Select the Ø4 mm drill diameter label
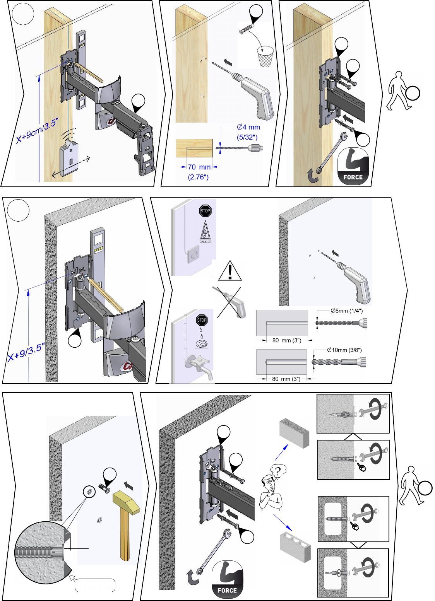[248, 127]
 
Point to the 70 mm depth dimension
[199, 167]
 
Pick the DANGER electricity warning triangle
[205, 233]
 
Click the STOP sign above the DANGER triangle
[205, 211]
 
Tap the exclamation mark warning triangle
[230, 271]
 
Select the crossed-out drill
[230, 302]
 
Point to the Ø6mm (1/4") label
[346, 311]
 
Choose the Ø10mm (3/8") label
[344, 350]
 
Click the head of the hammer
[125, 504]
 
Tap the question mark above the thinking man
[277, 471]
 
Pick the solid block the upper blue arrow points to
[295, 433]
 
